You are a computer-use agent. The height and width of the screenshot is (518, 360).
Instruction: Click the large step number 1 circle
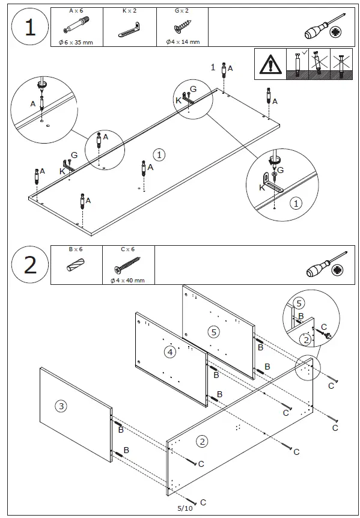pos(30,28)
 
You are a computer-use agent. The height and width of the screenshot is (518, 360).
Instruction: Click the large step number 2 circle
pos(30,265)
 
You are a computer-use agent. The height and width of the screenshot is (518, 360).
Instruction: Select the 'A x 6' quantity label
pos(76,11)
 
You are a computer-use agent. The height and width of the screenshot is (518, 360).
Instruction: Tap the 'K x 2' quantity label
pos(129,11)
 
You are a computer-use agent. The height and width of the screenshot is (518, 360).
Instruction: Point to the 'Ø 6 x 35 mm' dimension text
pos(76,42)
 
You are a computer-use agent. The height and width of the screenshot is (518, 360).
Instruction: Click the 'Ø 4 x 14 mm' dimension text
pos(183,42)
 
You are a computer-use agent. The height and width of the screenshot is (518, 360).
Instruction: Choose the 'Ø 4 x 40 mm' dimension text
pos(128,281)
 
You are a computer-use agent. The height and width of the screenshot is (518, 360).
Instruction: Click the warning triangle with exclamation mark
pos(270,64)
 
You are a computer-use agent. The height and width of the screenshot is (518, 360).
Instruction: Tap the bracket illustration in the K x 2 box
pos(129,29)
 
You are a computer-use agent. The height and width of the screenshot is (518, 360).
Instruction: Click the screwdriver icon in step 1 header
pos(325,27)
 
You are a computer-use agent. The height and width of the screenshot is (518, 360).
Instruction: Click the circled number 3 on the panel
pos(61,406)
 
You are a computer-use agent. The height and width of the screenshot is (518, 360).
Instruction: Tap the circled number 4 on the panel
pos(169,352)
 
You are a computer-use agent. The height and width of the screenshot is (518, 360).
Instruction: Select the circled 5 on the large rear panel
pos(214,332)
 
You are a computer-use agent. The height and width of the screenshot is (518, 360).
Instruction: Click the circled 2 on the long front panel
pos(202,441)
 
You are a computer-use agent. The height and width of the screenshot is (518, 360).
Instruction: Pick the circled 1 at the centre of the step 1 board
pos(159,154)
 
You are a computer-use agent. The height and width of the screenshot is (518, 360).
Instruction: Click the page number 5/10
pos(185,508)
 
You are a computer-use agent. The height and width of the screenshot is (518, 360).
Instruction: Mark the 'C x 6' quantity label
pos(128,249)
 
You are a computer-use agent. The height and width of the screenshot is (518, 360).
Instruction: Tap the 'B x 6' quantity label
pos(76,249)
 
